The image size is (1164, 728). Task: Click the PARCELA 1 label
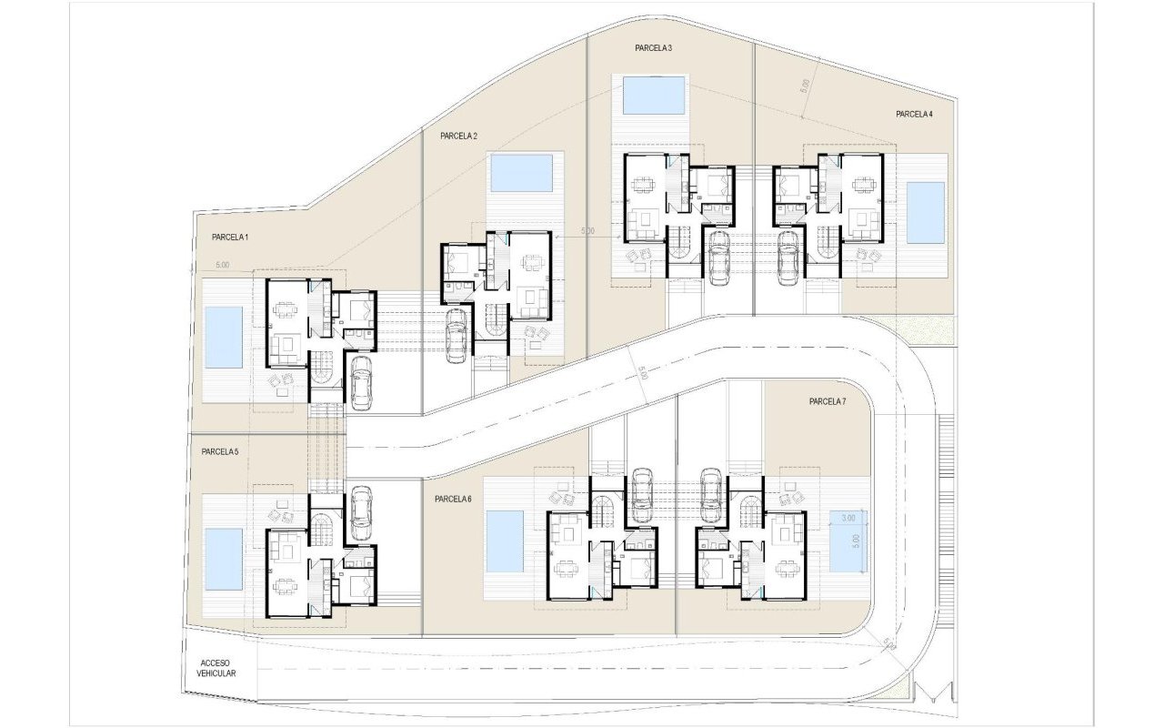coord(230,237)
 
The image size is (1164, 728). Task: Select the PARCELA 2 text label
coord(458,136)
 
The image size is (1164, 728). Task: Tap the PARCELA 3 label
coord(653,47)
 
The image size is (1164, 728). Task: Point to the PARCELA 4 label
coord(914,114)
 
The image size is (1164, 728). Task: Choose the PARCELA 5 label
coord(220,451)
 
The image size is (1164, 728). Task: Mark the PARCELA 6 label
coord(453,499)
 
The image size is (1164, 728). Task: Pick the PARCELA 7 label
coord(828,401)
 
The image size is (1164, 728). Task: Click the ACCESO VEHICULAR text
coord(217,668)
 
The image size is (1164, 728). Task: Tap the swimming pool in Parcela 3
coord(654,96)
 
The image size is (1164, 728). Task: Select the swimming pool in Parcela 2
coord(521,173)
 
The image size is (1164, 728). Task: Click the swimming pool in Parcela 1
coord(224,337)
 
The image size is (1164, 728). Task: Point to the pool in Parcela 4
coord(926,213)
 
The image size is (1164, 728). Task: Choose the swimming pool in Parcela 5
coord(224,560)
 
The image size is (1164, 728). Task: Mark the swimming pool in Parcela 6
coord(505,541)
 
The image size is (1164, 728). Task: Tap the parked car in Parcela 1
coord(361,382)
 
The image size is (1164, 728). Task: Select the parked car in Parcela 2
coord(457,335)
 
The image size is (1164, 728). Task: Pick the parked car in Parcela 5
coord(361,508)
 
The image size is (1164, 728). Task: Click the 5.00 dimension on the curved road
coord(643,373)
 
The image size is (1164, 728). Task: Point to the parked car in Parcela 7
coord(711,496)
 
